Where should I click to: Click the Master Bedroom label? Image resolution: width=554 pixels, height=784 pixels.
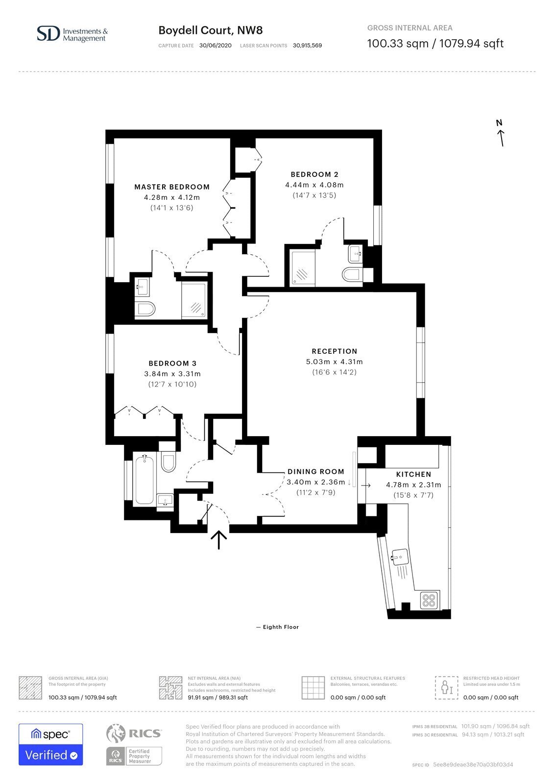[172, 187]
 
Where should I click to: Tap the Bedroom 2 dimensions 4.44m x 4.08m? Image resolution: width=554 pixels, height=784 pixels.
[314, 185]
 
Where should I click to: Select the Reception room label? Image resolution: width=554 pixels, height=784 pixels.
[335, 351]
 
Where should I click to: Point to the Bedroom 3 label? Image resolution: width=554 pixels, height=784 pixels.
[172, 363]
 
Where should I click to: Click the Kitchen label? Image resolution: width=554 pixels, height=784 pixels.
[413, 474]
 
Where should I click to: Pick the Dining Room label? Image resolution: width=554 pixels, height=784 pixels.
[315, 471]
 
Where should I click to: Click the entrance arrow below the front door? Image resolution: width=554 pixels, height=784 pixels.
[219, 539]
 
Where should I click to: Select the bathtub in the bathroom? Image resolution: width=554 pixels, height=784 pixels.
[144, 480]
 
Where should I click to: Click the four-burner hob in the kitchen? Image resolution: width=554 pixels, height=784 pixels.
[429, 600]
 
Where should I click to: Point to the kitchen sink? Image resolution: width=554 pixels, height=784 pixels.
[399, 557]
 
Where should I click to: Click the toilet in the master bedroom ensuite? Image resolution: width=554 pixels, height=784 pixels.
[145, 309]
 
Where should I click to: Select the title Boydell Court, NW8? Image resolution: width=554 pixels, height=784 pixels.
[211, 30]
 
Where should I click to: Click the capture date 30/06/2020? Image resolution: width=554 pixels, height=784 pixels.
[215, 46]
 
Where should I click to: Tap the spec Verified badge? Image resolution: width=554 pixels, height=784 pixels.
[51, 744]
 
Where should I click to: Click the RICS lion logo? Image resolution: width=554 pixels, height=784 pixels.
[116, 733]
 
